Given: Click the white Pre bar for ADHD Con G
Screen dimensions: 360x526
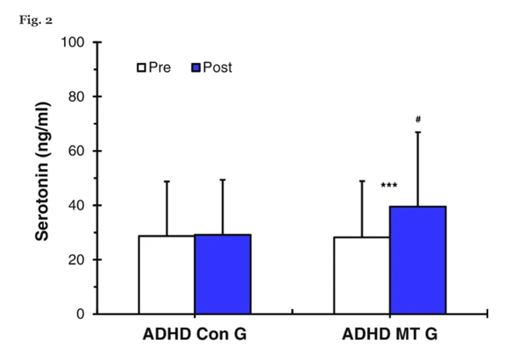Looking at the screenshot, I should point(167,274).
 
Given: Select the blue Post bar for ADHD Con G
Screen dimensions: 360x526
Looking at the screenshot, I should point(222,273).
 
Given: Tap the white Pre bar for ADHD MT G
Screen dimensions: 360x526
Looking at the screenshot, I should point(363,275).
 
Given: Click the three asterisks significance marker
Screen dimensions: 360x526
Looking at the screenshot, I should point(390,186).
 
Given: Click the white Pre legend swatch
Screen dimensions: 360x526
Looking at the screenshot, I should point(140,67).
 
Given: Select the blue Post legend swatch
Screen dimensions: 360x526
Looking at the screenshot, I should point(196,67).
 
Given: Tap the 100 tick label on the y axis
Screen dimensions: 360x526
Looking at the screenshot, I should point(72,42).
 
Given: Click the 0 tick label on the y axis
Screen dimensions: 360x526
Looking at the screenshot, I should point(79,314).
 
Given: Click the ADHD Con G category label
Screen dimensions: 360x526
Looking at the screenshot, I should point(195,337).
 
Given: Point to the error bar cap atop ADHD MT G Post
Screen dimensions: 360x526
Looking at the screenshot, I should point(418,132).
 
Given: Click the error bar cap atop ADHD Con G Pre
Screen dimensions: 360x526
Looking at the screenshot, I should point(167,181).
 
